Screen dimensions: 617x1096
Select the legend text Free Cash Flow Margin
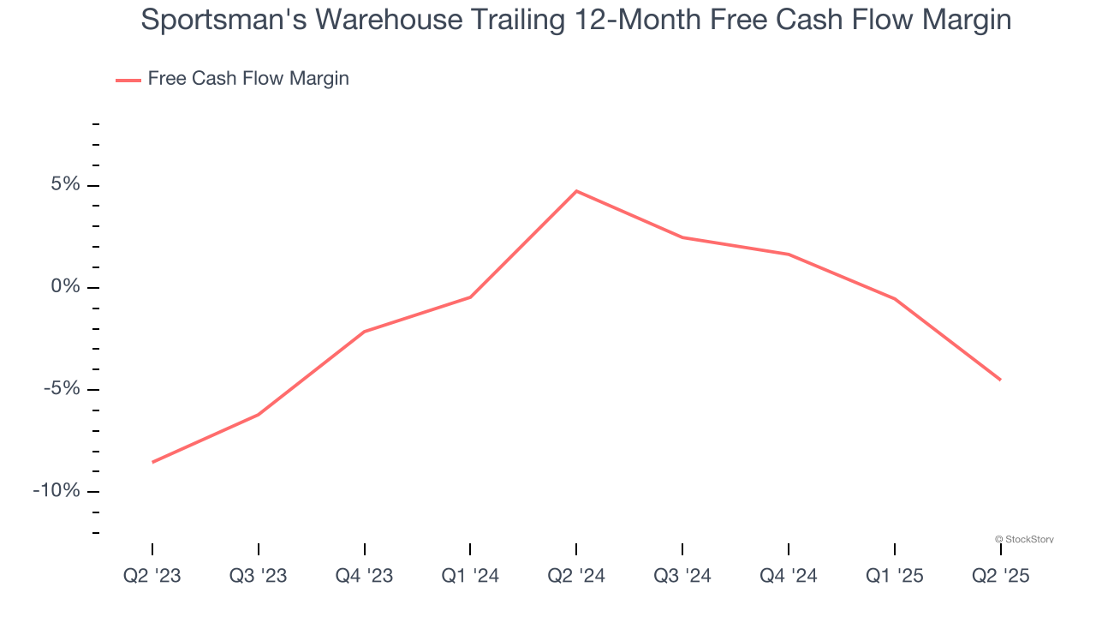click(x=248, y=79)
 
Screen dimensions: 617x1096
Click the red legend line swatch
click(x=128, y=80)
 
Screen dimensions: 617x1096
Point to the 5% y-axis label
click(x=65, y=185)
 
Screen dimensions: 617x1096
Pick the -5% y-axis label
click(x=62, y=389)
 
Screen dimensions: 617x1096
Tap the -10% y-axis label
click(x=57, y=491)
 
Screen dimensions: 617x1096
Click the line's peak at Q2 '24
click(x=576, y=191)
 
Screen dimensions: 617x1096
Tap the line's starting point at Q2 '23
click(x=152, y=462)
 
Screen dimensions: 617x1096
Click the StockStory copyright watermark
click(x=1024, y=539)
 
